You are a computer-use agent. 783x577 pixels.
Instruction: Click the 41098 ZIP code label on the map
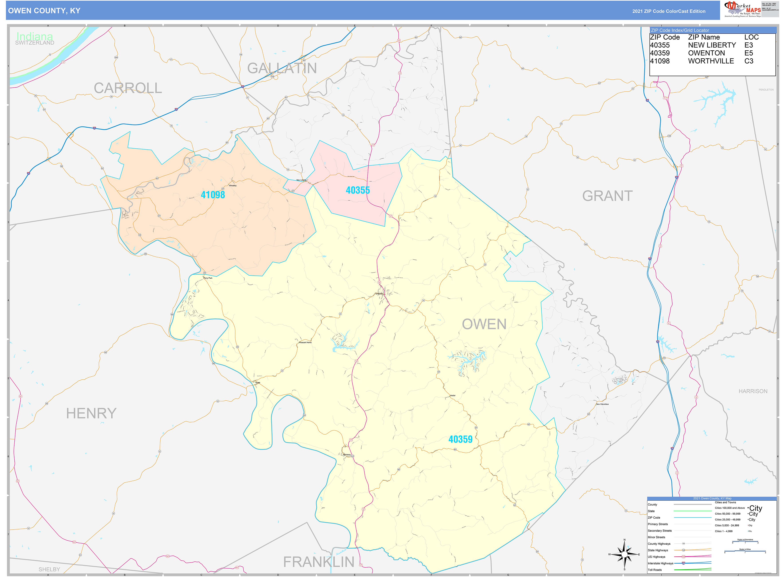click(213, 195)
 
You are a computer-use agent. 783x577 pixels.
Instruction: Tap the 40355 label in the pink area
click(358, 190)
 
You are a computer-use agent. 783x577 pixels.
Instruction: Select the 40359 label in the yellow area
click(460, 439)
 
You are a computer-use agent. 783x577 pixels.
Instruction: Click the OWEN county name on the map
click(484, 324)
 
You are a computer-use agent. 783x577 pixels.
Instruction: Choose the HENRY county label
click(91, 413)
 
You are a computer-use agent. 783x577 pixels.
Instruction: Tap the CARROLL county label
click(128, 88)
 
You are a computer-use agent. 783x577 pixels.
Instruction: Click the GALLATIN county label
click(282, 68)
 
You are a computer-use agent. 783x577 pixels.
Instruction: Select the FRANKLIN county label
click(319, 562)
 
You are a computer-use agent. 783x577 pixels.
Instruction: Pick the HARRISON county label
click(753, 391)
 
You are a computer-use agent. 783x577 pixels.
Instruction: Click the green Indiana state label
click(35, 36)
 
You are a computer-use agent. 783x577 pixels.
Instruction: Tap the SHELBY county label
click(49, 569)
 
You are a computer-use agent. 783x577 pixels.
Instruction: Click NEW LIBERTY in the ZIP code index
click(712, 45)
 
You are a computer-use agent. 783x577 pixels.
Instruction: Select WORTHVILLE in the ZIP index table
click(711, 61)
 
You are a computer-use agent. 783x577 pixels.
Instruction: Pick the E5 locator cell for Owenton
click(748, 53)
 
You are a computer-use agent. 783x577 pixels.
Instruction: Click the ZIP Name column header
click(704, 37)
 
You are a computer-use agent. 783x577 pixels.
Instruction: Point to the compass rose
click(624, 554)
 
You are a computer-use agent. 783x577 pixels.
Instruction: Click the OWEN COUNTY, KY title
click(44, 11)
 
